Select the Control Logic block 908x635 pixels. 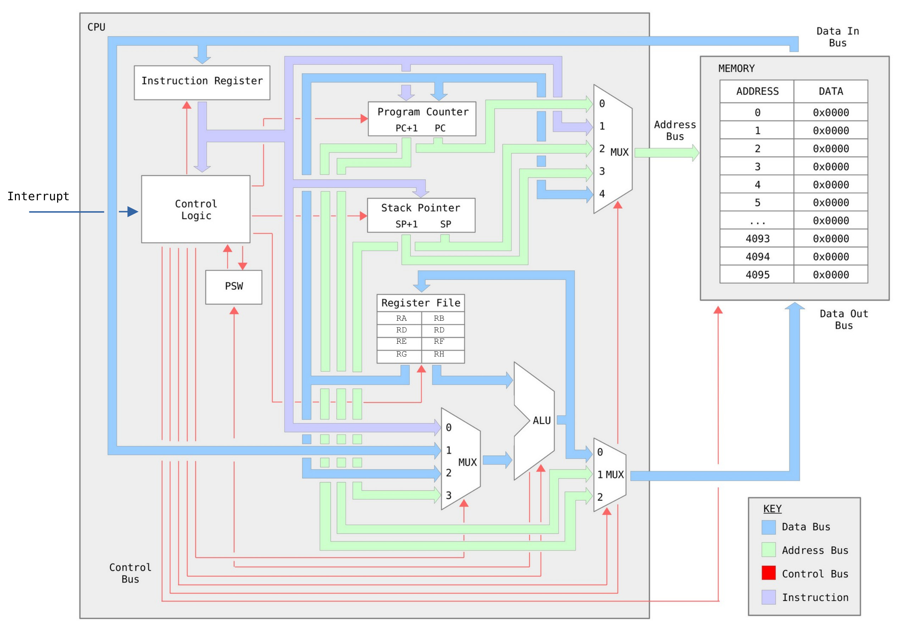pyautogui.click(x=196, y=209)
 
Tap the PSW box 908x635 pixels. pyautogui.click(x=234, y=286)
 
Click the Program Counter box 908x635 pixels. pyautogui.click(x=422, y=119)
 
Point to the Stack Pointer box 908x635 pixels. pyautogui.click(x=421, y=215)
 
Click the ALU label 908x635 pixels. pyautogui.click(x=541, y=420)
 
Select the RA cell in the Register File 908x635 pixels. pyautogui.click(x=401, y=318)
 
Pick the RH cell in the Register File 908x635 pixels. pyautogui.click(x=439, y=354)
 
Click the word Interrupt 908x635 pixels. pyautogui.click(x=38, y=196)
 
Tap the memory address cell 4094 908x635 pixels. pyautogui.click(x=757, y=257)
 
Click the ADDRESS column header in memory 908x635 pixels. pyautogui.click(x=757, y=91)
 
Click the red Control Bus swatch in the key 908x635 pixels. pyautogui.click(x=768, y=573)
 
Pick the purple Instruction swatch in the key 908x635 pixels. pyautogui.click(x=768, y=597)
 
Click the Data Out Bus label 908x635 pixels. pyautogui.click(x=843, y=319)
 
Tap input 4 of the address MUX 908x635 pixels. pyautogui.click(x=602, y=193)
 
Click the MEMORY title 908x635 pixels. pyautogui.click(x=736, y=68)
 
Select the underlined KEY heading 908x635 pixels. pyautogui.click(x=772, y=508)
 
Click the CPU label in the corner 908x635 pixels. pyautogui.click(x=96, y=27)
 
